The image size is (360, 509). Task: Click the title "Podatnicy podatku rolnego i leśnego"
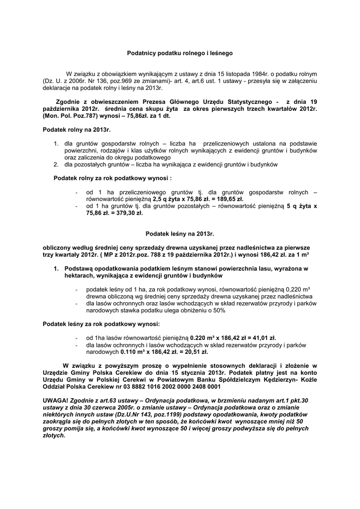(x=180, y=52)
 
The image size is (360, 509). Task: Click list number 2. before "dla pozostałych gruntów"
(x=56, y=164)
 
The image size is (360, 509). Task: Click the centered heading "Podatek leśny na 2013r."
(x=180, y=233)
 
